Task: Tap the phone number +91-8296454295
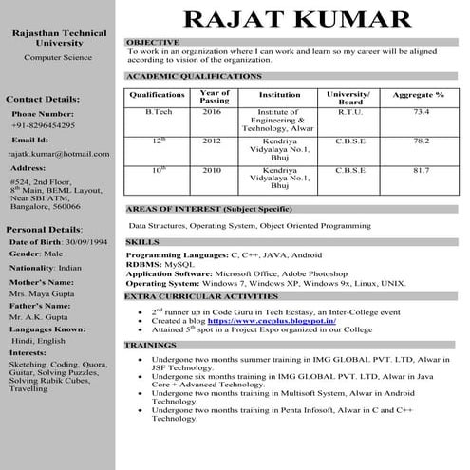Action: point(44,125)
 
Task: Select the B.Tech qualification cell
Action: point(159,112)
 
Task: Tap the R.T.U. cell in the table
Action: point(350,112)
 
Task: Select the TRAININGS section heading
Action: point(151,346)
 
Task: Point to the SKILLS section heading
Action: point(142,243)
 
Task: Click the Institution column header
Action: point(279,95)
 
